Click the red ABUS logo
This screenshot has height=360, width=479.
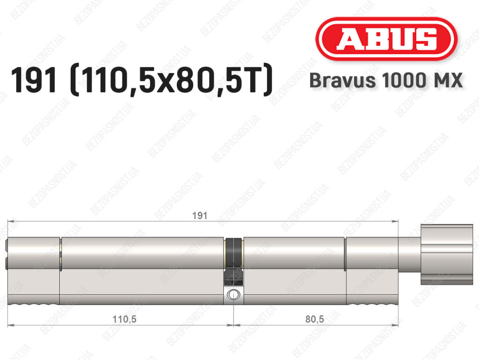[386, 39]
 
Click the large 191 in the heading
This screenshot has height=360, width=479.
[34, 80]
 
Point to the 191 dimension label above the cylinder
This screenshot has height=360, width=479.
[200, 216]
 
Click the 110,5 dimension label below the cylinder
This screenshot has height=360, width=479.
[124, 319]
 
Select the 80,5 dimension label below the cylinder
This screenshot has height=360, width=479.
[314, 319]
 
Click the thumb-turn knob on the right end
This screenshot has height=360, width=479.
[447, 254]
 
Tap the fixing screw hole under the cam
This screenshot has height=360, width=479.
[233, 294]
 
